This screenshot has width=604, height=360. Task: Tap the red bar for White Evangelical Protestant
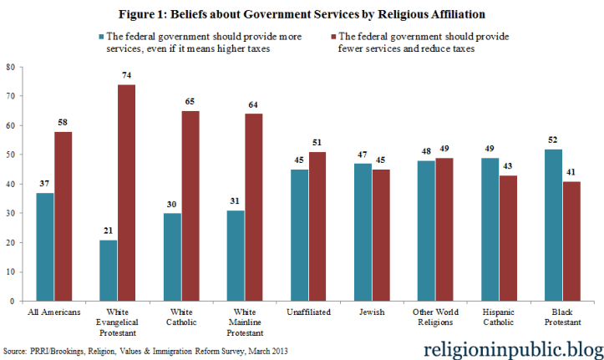(127, 192)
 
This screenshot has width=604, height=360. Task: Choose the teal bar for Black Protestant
(553, 225)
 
